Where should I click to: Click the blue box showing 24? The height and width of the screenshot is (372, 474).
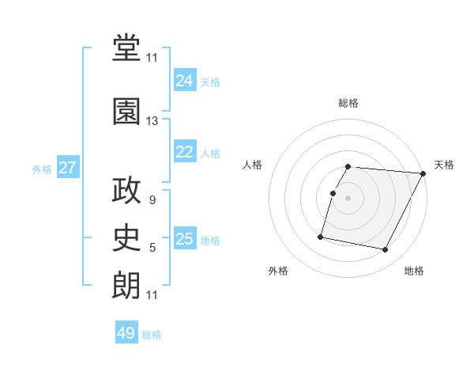185,80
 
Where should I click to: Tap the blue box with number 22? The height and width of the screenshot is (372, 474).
185,152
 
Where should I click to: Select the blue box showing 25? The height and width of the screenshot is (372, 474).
185,240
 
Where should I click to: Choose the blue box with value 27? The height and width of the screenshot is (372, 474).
68,168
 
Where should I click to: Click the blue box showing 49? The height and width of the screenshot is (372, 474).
126,333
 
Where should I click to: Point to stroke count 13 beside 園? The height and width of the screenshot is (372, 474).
152,121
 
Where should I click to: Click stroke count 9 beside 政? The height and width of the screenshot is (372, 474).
152,201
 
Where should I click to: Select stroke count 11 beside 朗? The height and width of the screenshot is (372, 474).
152,295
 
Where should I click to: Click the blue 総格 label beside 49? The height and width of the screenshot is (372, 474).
152,335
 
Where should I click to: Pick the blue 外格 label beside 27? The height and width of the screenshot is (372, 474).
42,169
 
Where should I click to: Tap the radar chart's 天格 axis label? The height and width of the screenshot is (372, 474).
444,165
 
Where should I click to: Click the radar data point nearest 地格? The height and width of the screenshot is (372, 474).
386,250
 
